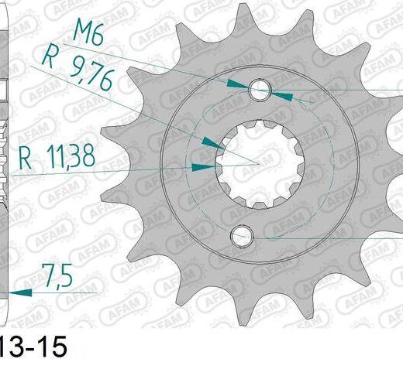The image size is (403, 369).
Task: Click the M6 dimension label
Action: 88,35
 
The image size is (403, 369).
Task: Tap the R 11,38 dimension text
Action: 57,156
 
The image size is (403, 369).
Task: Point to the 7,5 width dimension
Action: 58,275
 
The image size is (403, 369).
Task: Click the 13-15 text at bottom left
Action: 33,347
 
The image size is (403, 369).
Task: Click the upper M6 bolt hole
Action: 260,90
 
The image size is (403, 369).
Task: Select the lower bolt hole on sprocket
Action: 242,237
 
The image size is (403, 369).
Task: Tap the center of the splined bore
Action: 260,164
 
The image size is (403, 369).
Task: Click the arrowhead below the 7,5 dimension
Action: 20,292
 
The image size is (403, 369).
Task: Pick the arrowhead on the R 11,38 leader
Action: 203,167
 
